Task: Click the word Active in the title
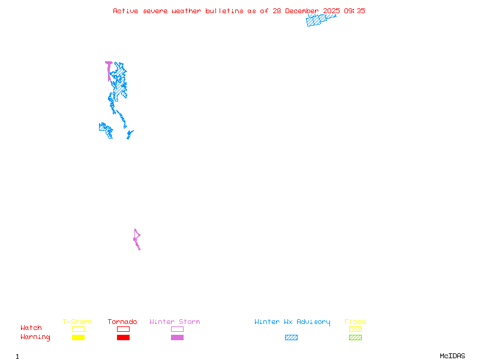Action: click(126, 11)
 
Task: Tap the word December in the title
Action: click(304, 11)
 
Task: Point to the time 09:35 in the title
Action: click(353, 11)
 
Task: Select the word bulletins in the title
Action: click(224, 11)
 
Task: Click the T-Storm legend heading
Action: click(77, 322)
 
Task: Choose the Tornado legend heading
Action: click(122, 322)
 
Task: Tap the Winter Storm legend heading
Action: click(175, 322)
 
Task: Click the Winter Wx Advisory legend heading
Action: click(292, 322)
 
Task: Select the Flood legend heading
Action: click(355, 322)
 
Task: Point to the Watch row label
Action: click(31, 328)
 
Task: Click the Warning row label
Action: click(35, 337)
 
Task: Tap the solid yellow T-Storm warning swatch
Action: click(78, 337)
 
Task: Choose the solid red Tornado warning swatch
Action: click(123, 337)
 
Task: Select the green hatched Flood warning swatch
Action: click(355, 337)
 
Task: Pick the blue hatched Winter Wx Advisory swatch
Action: click(291, 337)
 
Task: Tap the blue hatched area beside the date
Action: click(318, 20)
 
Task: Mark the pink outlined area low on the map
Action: click(137, 238)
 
